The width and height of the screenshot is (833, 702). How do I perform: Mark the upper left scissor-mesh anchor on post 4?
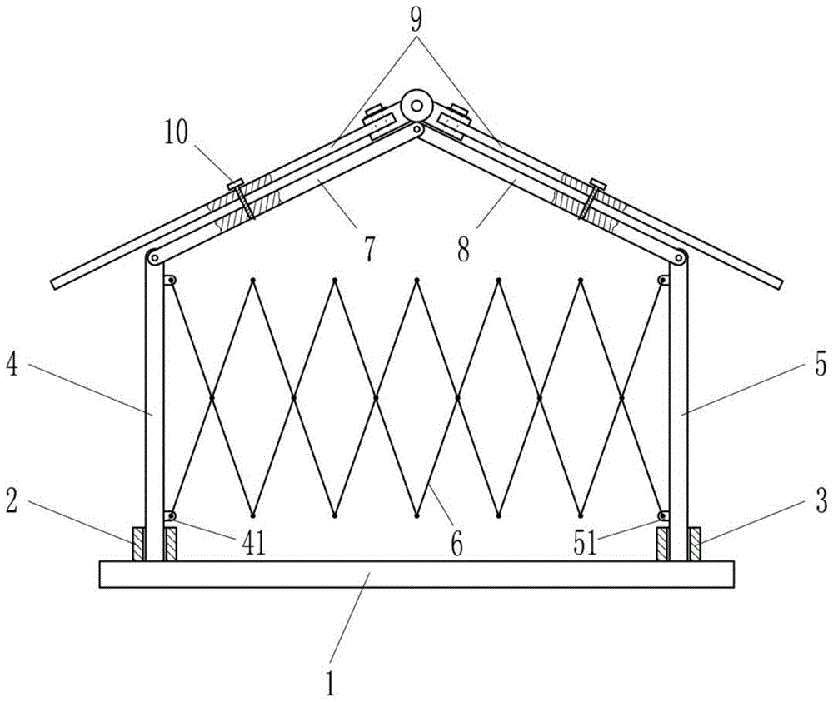(170, 281)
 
